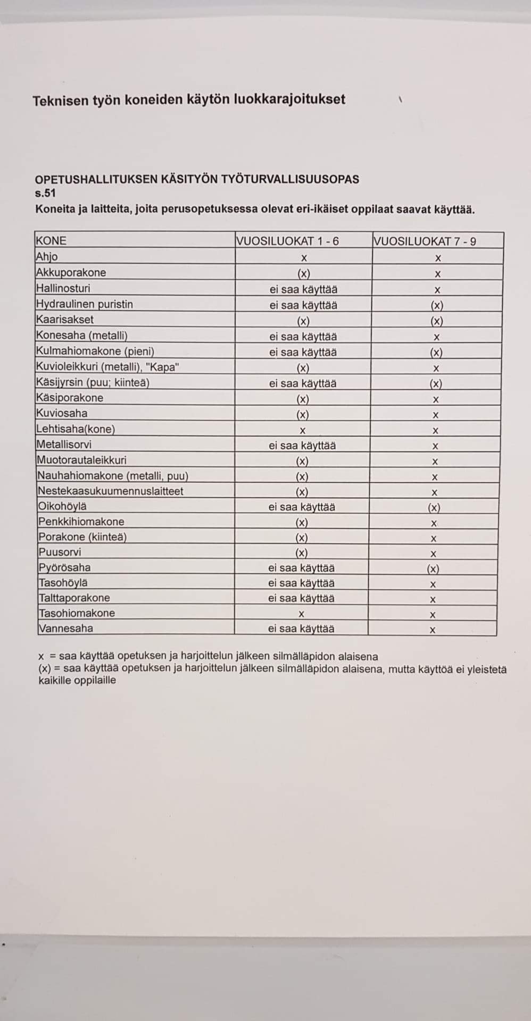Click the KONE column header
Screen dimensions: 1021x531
51,241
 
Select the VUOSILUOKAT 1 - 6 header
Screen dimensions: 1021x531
287,241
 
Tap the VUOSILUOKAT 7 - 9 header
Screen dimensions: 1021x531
425,241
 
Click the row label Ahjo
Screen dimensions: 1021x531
47,257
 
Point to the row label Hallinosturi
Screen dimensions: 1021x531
63,288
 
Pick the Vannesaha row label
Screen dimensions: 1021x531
65,628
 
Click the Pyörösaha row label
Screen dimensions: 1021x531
64,567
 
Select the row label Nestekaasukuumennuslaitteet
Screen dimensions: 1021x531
110,491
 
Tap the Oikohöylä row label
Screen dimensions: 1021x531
62,506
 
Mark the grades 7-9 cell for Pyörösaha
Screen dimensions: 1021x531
433,568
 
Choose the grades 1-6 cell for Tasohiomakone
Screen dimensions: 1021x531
301,614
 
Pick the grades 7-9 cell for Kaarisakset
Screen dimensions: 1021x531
436,321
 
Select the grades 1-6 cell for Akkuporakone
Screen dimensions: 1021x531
303,274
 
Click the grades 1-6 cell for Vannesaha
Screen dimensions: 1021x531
301,629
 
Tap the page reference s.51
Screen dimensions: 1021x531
45,193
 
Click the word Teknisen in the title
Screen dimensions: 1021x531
59,101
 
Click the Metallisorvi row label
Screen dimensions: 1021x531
64,445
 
